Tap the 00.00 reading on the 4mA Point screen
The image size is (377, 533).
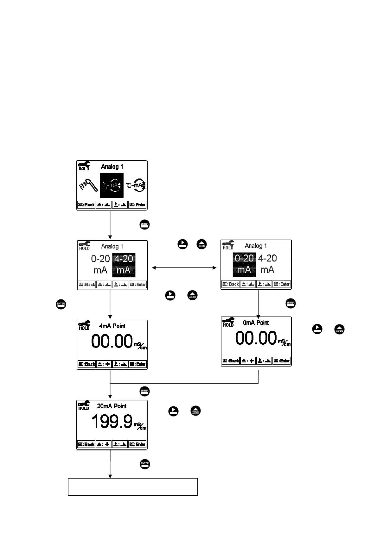point(112,342)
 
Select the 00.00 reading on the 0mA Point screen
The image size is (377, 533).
point(256,338)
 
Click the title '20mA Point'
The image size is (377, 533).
point(112,406)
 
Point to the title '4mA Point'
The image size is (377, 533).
point(112,326)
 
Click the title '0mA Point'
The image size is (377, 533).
point(256,323)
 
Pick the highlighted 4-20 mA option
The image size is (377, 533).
point(124,265)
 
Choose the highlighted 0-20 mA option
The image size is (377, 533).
point(244,264)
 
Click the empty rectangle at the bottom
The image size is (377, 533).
point(133,487)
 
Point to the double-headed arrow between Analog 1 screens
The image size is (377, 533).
point(184,268)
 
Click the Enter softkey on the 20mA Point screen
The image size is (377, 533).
point(137,444)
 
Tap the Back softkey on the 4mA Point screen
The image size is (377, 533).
point(86,364)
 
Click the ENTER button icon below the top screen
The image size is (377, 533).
point(144,225)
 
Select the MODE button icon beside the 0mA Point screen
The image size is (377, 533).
point(339,329)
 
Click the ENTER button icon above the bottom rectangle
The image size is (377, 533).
point(144,464)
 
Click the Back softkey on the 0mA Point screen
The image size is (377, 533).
point(231,361)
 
